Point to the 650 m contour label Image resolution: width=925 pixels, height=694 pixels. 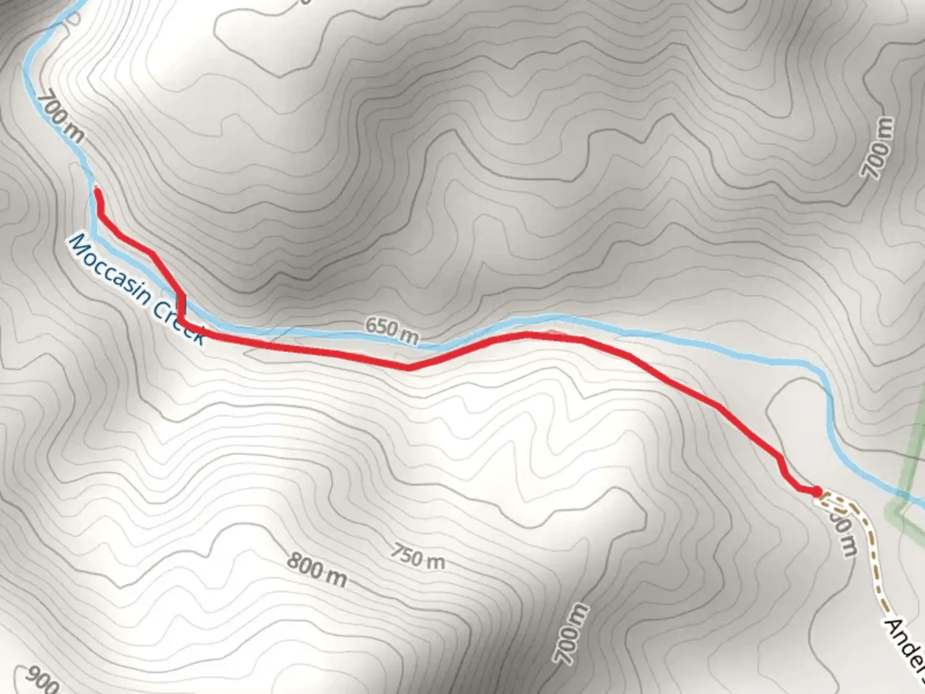[x=391, y=330]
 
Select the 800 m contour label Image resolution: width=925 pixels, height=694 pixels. [x=316, y=569]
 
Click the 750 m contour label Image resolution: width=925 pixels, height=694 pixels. [x=417, y=556]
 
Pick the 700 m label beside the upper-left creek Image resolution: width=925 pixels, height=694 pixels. [x=60, y=117]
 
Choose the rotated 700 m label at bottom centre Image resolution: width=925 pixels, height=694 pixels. [x=570, y=634]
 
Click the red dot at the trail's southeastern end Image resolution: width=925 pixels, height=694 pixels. [x=816, y=492]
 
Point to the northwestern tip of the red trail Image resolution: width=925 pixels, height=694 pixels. [x=96, y=190]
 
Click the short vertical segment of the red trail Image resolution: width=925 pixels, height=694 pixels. [x=182, y=308]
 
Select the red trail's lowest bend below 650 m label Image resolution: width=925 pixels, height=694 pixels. [x=409, y=368]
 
